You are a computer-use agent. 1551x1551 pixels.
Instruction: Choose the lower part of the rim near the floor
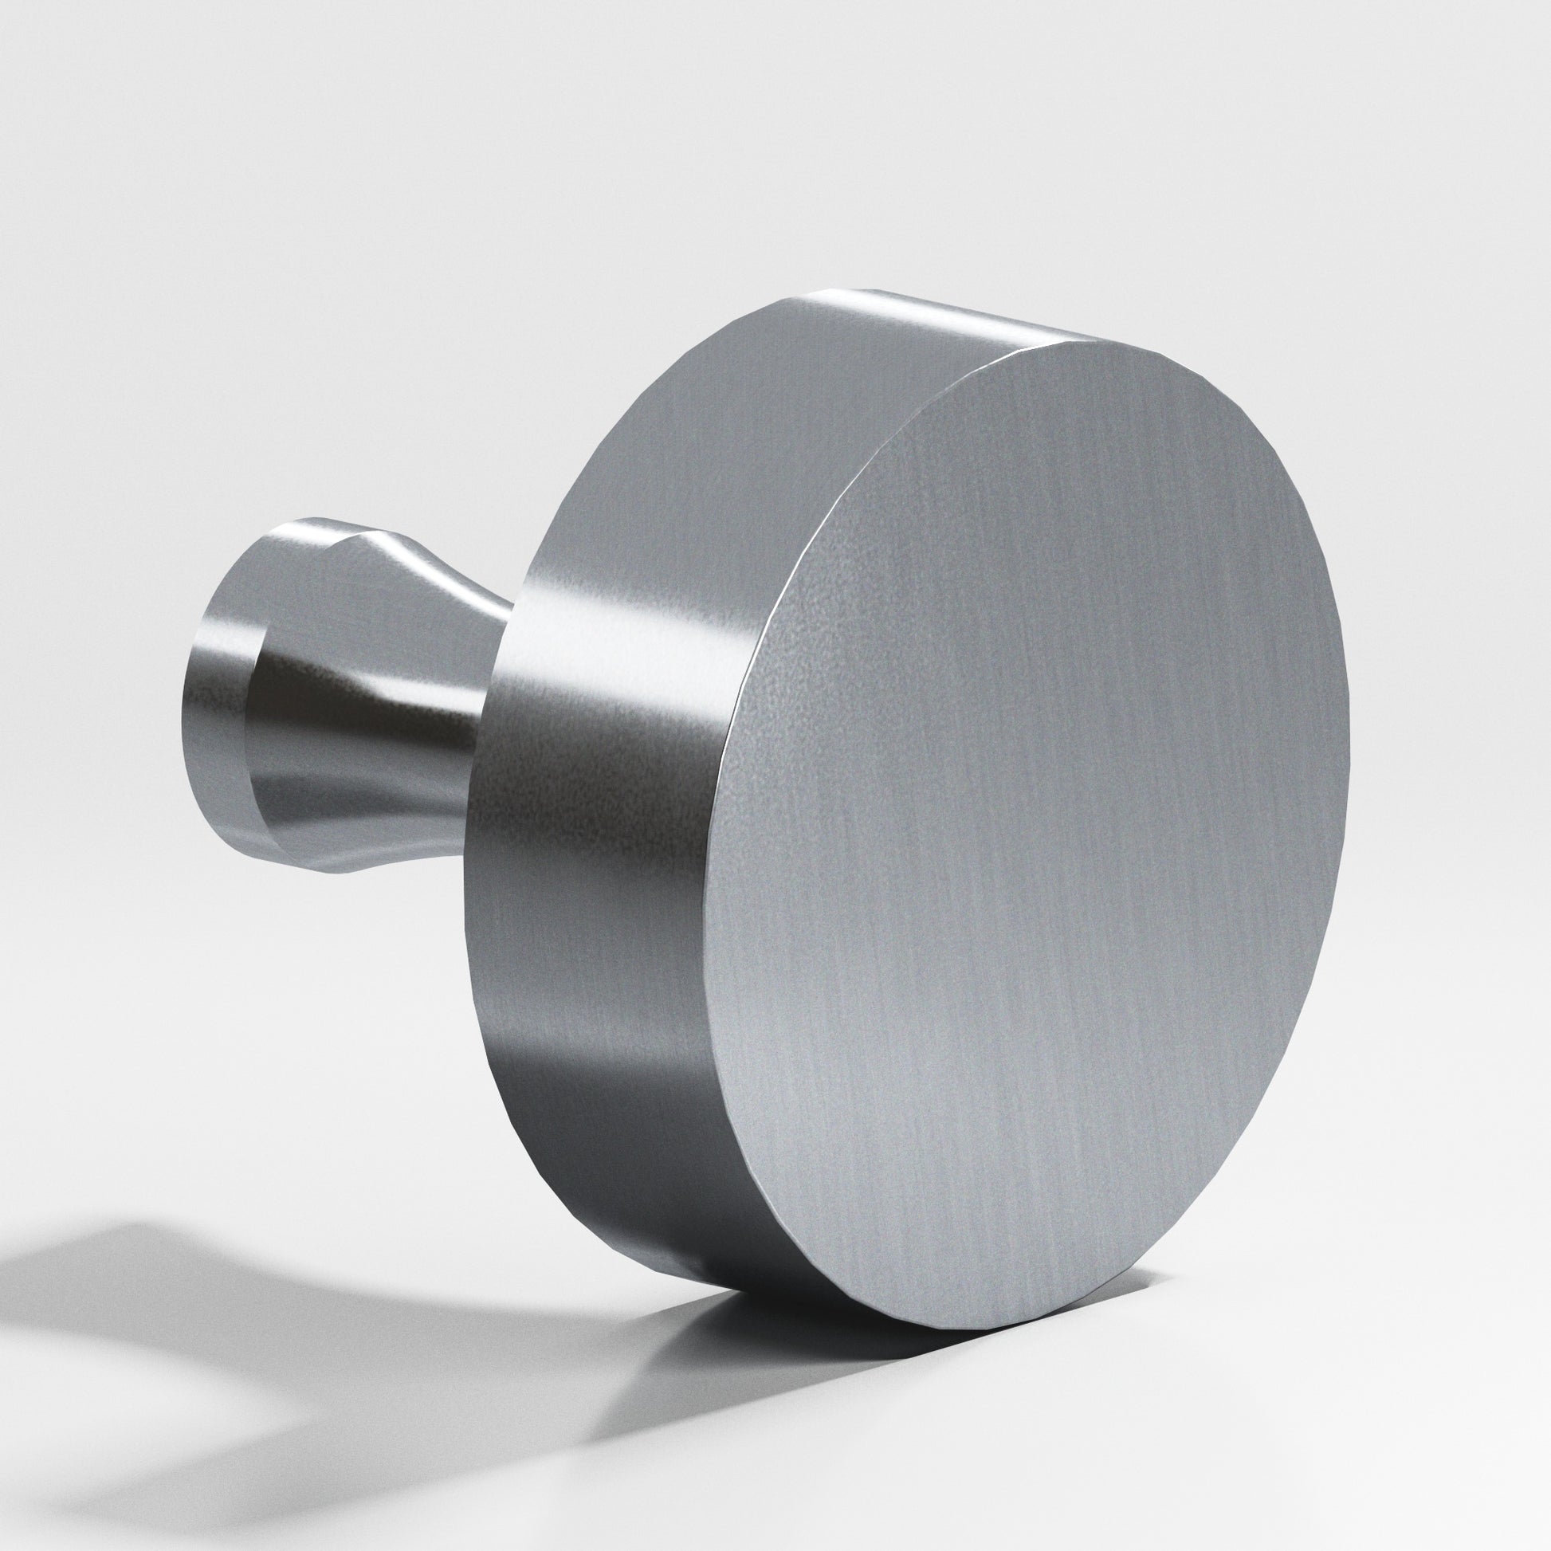tap(642, 1204)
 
